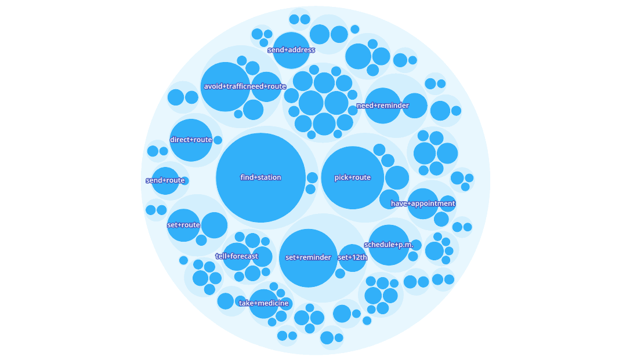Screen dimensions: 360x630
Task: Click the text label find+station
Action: coord(260,177)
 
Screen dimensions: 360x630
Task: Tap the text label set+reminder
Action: coord(308,257)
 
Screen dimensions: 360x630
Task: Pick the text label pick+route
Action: coord(353,177)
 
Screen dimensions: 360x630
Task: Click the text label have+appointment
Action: coord(423,203)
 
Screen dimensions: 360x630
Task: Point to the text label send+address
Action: coord(291,50)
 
